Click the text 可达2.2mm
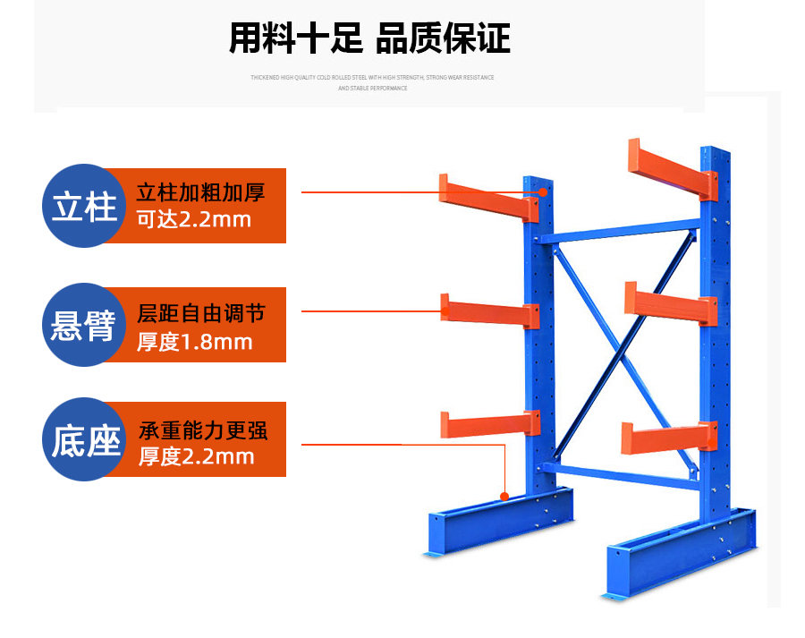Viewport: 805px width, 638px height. [193, 219]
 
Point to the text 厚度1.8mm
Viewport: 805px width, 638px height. [194, 342]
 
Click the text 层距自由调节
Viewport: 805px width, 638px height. [200, 314]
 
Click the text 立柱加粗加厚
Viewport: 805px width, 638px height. [200, 192]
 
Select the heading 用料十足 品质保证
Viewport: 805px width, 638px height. [369, 39]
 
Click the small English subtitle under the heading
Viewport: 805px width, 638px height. [372, 82]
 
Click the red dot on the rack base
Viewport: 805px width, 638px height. [505, 495]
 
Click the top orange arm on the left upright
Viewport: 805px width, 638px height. [487, 199]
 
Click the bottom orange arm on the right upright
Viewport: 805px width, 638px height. [668, 437]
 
